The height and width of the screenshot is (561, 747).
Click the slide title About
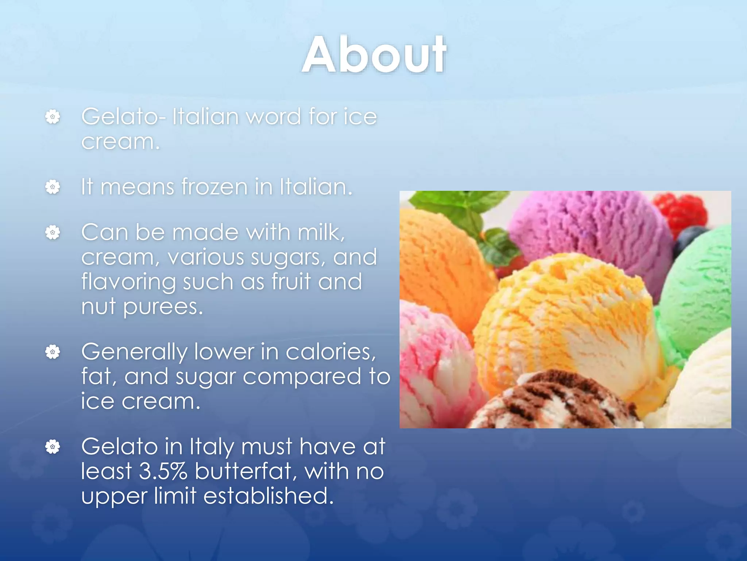point(374,56)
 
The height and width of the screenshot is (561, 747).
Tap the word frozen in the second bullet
point(215,187)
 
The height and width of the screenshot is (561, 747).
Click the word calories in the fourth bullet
point(330,352)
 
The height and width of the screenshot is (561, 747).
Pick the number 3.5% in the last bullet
point(163,471)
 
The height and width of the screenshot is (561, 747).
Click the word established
point(268,496)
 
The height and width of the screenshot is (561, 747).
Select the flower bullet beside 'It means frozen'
point(53,187)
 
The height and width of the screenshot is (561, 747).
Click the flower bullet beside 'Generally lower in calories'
point(53,352)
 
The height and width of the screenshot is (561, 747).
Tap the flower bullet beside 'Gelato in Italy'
point(53,446)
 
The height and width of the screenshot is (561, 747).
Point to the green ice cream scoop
point(697,292)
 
